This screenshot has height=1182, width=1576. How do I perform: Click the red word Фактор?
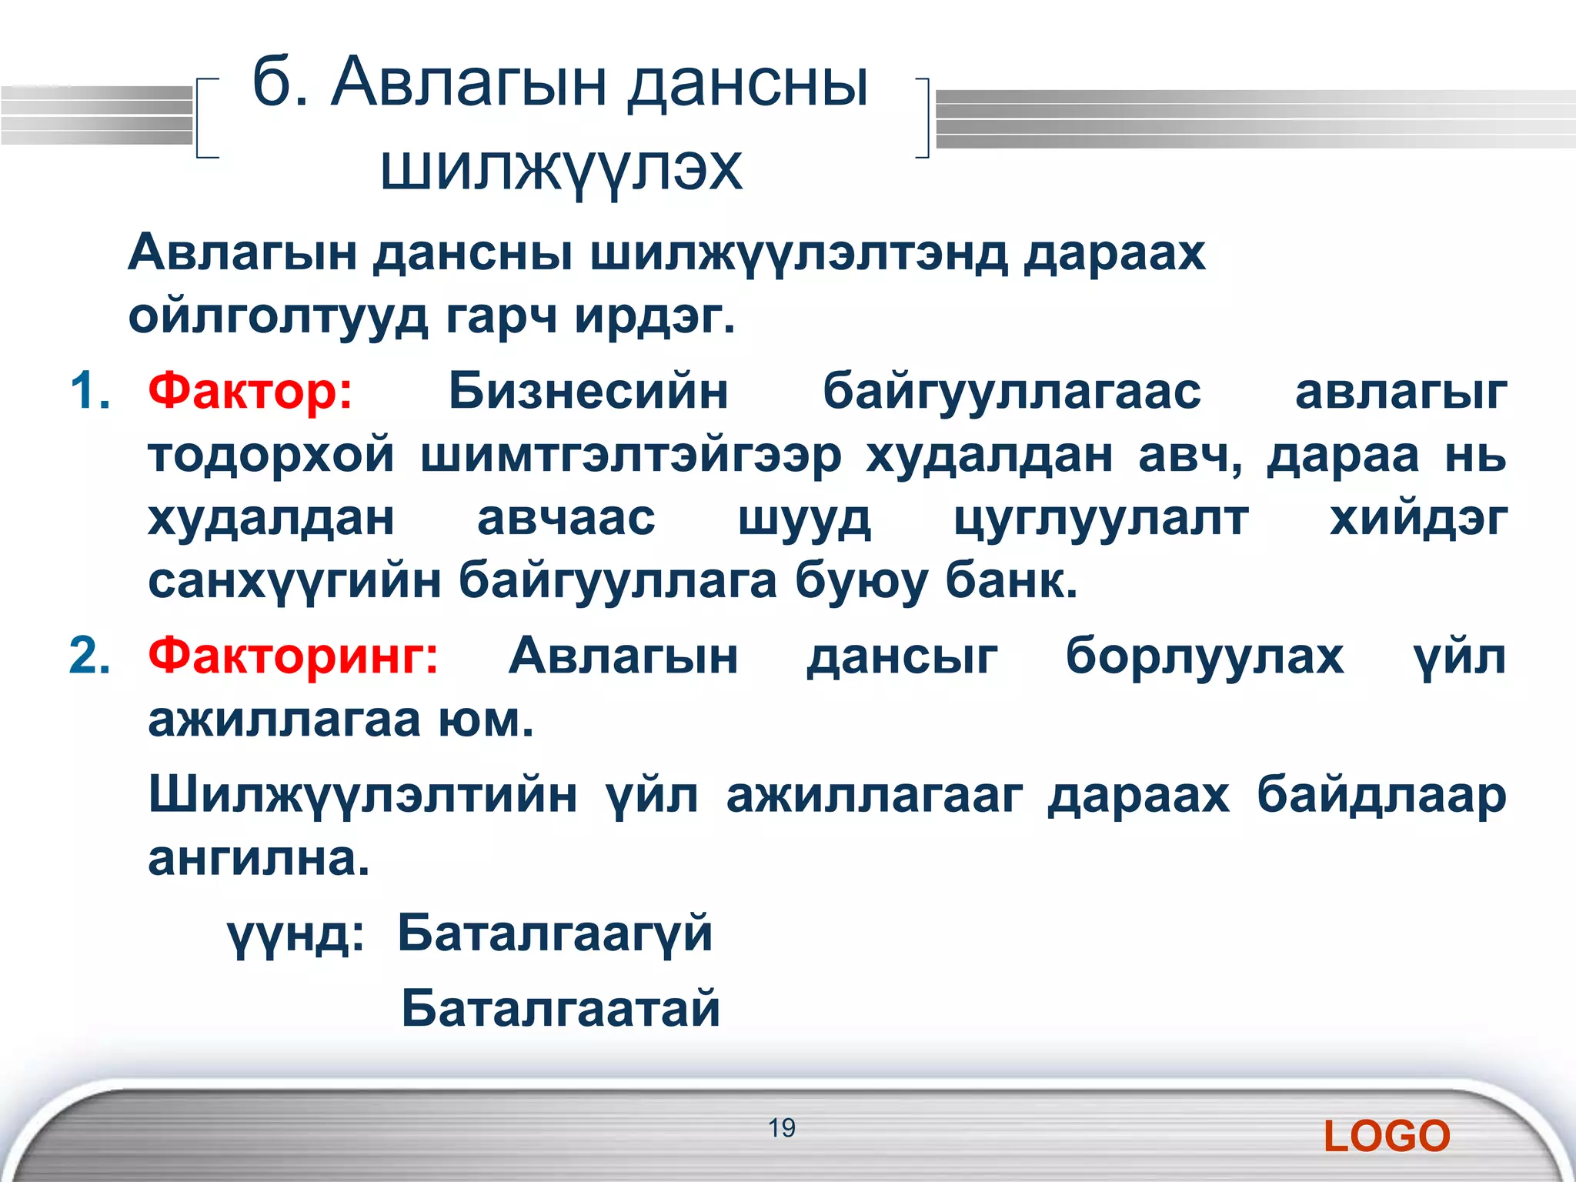[250, 391]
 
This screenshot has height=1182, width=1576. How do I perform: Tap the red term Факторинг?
[293, 656]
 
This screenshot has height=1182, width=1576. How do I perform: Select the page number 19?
[781, 1128]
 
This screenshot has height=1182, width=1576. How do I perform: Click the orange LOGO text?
[1387, 1137]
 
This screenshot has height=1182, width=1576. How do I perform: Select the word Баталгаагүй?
[555, 933]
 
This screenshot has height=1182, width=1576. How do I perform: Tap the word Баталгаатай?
[560, 1008]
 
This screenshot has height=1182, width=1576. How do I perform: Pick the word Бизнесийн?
[588, 391]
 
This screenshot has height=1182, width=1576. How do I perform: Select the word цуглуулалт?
[1101, 518]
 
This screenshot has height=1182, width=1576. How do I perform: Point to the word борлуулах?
[1204, 656]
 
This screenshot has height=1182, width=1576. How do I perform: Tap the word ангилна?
[259, 858]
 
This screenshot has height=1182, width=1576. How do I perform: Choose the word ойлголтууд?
[278, 316]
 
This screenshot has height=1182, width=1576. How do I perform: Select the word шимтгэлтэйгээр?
[631, 456]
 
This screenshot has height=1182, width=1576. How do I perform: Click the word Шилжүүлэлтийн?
[362, 795]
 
